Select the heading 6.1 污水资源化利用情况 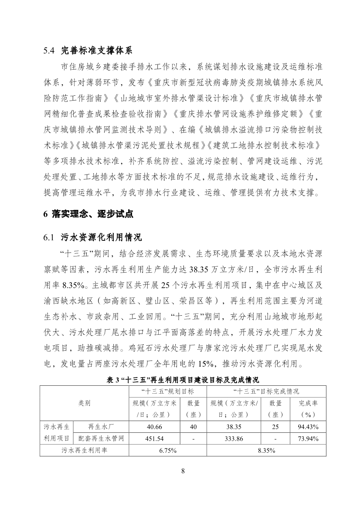(x=92, y=237)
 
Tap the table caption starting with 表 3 (x=183, y=380)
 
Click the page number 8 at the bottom (x=183, y=470)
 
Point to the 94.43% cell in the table (x=308, y=427)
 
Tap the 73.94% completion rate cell (x=308, y=438)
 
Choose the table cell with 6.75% (x=167, y=451)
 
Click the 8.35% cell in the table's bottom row (x=266, y=451)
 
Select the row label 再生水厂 (x=101, y=427)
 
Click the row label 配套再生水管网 (x=101, y=438)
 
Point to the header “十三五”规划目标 (x=167, y=392)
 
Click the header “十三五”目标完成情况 (x=266, y=392)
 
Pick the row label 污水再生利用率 (x=84, y=451)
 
